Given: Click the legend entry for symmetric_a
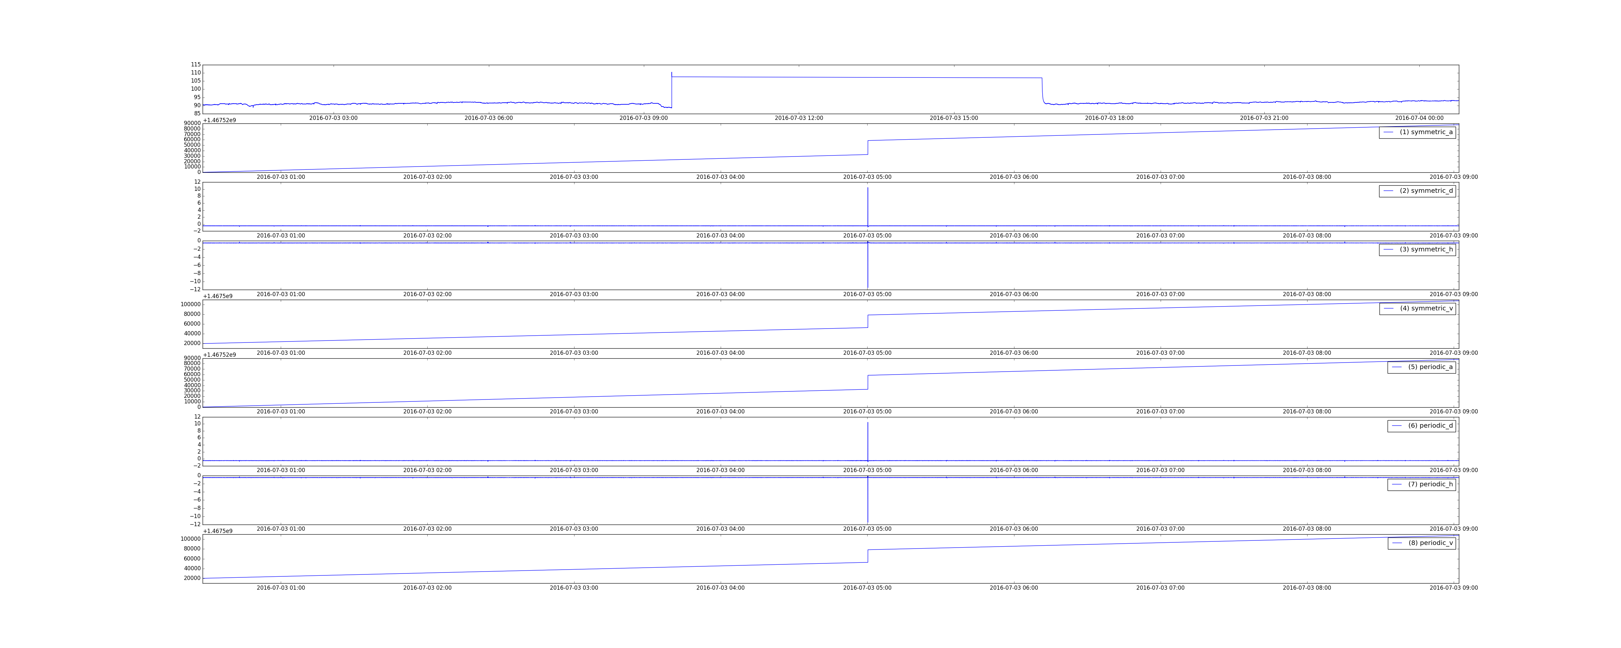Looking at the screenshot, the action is (1417, 132).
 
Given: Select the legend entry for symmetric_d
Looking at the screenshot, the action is (1417, 191).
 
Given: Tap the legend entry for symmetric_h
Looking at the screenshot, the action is (1417, 249).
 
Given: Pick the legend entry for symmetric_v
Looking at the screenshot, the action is (1417, 308).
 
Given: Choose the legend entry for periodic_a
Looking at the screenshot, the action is (1422, 367).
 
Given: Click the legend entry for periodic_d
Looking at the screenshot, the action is (1422, 425).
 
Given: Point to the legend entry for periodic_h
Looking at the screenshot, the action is (1422, 484).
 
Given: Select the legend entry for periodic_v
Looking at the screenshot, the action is (1422, 543).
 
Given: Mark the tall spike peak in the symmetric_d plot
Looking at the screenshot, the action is (868, 188).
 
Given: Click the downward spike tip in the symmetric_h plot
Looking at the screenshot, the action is (868, 288).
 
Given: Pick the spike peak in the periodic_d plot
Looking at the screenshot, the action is (868, 422).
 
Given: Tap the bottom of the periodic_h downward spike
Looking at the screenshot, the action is (868, 523).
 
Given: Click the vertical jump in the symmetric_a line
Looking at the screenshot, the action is (868, 147).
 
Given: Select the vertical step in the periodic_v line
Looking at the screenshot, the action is (868, 556).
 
